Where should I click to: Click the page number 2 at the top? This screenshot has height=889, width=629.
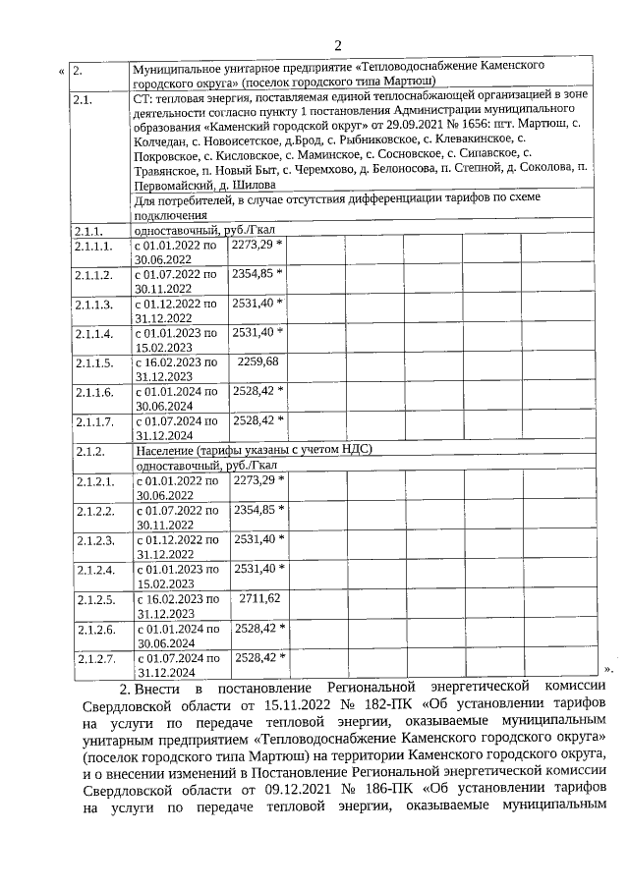[x=336, y=45]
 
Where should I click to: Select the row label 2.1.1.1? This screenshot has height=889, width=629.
[x=94, y=244]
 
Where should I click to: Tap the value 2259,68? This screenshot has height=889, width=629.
[x=258, y=361]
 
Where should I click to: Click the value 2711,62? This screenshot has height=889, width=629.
[x=259, y=597]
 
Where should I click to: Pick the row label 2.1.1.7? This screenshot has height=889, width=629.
[x=94, y=420]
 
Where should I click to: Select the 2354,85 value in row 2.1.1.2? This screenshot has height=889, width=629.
[x=256, y=272]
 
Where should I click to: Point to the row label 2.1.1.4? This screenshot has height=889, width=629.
[x=94, y=332]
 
